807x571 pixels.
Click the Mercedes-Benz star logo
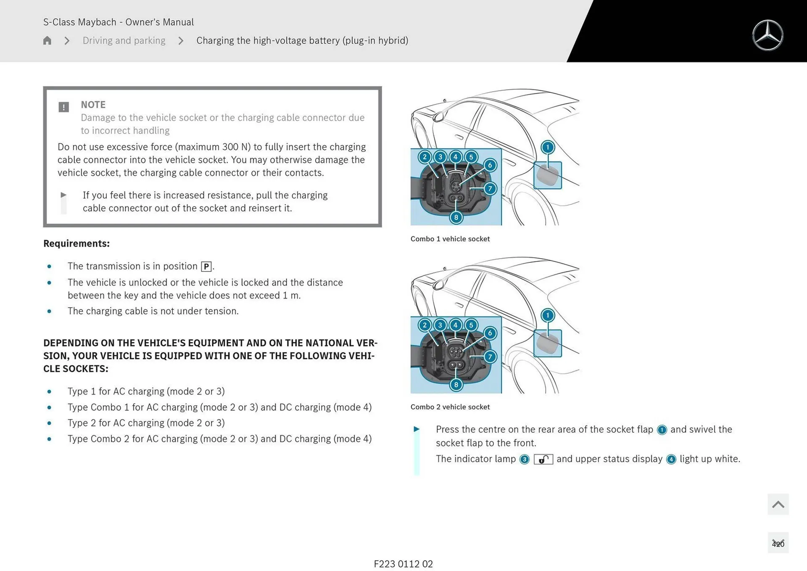pos(767,35)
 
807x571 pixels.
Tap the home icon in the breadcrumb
pos(47,40)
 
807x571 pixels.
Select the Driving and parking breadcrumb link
pos(124,40)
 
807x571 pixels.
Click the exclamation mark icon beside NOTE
pos(63,107)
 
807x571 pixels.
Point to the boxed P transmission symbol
pos(206,267)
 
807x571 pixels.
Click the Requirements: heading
pos(76,243)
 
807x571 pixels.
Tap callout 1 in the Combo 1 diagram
pos(547,147)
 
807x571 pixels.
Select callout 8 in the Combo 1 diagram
pos(456,217)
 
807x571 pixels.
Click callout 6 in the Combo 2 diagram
pos(490,333)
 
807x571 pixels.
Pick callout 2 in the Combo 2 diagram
pos(425,325)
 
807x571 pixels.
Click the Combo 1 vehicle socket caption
pos(450,239)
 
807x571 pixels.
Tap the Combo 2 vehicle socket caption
pos(450,407)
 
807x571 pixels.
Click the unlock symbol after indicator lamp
pos(543,459)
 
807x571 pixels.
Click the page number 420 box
pos(778,544)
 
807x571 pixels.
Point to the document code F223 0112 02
pos(403,564)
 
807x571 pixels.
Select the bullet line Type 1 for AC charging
pos(146,391)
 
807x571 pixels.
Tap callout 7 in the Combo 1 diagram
pos(490,188)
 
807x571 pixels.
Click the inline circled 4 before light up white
pos(671,459)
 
